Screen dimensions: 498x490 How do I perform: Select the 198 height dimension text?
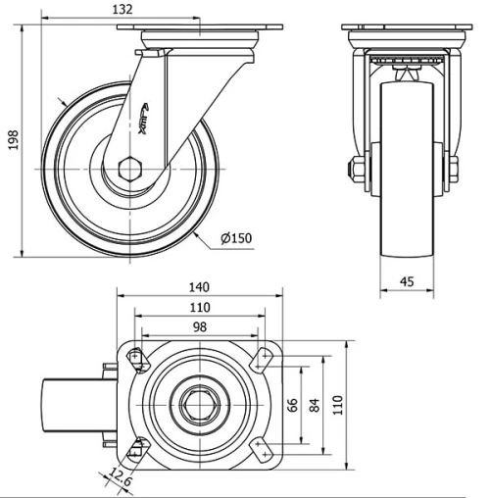[x=13, y=142]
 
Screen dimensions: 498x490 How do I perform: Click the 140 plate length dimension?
[x=199, y=287]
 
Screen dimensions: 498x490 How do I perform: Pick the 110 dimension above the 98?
[x=199, y=307]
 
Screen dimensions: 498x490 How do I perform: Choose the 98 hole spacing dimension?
[x=199, y=326]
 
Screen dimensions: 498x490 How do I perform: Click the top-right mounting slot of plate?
[x=261, y=359]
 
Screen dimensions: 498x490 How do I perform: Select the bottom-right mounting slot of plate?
[x=261, y=449]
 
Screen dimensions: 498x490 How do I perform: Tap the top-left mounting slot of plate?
[x=136, y=359]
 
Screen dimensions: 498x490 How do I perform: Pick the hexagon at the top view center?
[x=199, y=403]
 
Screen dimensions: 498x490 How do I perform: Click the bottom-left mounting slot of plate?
[x=136, y=449]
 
